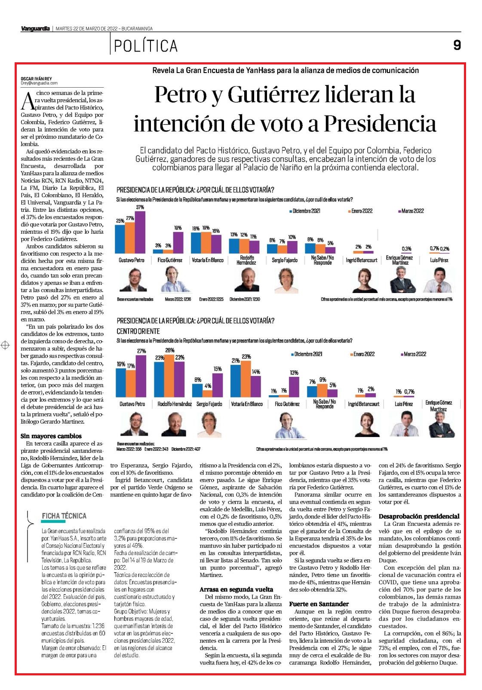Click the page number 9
[x=457, y=45]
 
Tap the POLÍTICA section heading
[x=146, y=46]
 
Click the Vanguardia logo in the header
[x=35, y=29]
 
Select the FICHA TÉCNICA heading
[x=64, y=516]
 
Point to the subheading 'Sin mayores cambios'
[x=51, y=436]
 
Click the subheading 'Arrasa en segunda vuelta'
[x=236, y=589]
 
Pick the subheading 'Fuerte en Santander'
[x=319, y=604]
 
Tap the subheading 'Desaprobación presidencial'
[x=419, y=516]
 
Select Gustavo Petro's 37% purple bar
[x=140, y=232]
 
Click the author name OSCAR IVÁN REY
[x=37, y=79]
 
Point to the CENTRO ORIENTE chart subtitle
[x=138, y=331]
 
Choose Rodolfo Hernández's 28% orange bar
[x=169, y=376]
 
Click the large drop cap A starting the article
[x=28, y=101]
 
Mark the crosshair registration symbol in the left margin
[x=5, y=345]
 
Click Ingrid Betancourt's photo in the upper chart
[x=365, y=280]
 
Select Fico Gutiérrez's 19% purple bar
[x=178, y=242]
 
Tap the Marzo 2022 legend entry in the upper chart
[x=411, y=211]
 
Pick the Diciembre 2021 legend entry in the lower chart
[x=307, y=354]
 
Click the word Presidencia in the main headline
[x=380, y=124]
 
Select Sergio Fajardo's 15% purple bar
[x=218, y=385]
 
